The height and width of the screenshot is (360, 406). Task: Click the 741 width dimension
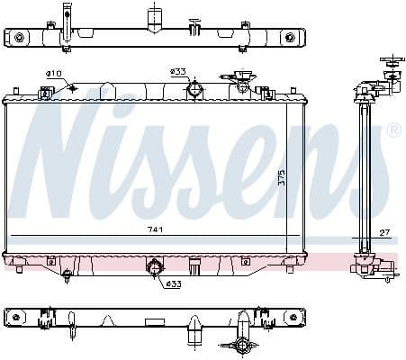156,230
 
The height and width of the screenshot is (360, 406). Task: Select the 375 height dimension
282,177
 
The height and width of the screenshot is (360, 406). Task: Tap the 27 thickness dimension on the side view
384,232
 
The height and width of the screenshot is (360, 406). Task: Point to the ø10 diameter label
53,73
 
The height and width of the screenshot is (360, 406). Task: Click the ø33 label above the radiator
177,71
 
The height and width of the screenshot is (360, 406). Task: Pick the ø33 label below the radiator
172,285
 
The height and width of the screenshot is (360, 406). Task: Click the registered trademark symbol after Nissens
393,131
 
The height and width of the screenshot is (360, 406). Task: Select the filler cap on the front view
239,84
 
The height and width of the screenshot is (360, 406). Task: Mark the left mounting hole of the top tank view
20,37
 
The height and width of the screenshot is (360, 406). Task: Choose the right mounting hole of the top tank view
289,37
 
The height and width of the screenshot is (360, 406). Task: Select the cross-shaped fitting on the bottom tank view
241,343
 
